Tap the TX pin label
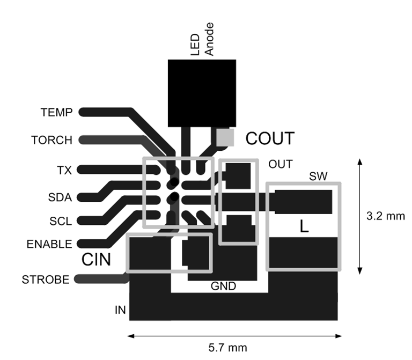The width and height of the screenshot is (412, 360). click(x=64, y=170)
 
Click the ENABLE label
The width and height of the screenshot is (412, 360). click(x=49, y=245)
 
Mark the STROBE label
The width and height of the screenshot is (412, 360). click(x=46, y=280)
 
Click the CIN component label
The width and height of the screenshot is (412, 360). click(x=96, y=260)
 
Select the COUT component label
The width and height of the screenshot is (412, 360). click(x=270, y=139)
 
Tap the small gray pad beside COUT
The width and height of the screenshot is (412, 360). click(x=226, y=138)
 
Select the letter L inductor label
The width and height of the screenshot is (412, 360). click(x=304, y=227)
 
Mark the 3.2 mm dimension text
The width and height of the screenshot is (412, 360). click(x=386, y=216)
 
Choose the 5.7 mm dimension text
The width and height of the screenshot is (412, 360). click(x=228, y=347)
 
